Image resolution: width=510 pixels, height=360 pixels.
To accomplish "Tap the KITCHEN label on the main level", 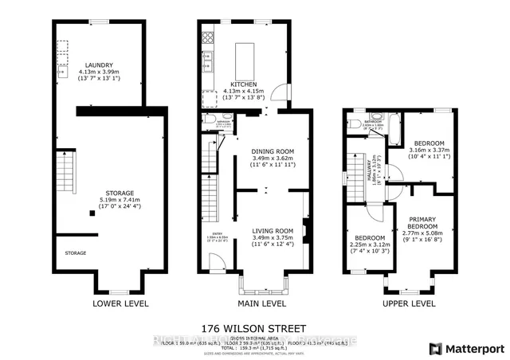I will [242, 83].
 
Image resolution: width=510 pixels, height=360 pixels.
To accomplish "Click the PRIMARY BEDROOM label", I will [422, 223].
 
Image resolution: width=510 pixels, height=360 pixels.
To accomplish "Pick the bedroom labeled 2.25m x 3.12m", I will [368, 238].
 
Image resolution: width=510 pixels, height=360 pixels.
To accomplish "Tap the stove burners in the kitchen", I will [208, 36].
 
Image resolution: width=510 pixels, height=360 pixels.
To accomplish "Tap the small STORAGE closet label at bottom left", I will [76, 253].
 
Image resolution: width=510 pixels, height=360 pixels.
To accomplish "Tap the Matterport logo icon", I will [435, 347].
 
